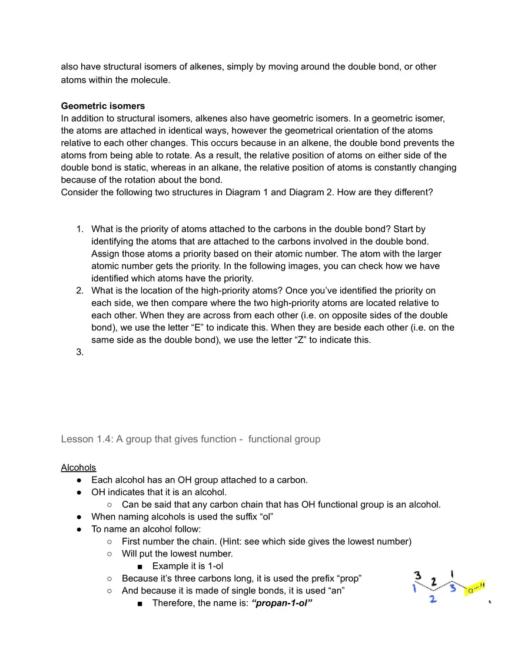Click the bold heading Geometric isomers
(x=102, y=106)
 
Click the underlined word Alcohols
(x=78, y=468)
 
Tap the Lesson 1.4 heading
(x=191, y=439)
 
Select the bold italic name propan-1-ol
(x=281, y=603)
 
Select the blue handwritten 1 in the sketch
(x=415, y=588)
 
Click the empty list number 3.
(x=80, y=352)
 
